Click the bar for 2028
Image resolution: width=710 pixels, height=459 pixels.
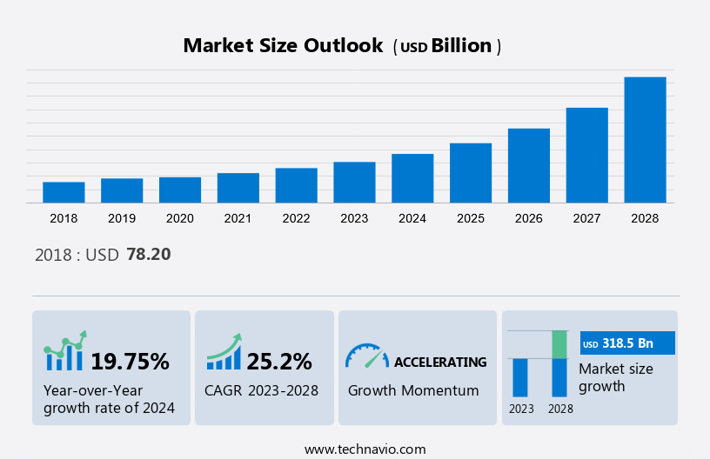click(645, 140)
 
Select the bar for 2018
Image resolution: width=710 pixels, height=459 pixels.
click(64, 192)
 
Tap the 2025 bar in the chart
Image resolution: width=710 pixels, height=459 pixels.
click(471, 173)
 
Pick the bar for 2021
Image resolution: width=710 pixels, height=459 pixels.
click(238, 188)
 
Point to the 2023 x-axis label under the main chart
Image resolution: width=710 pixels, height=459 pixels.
click(354, 218)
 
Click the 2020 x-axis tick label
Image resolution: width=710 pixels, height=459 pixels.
click(180, 218)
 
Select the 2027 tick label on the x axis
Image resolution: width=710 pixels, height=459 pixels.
click(587, 218)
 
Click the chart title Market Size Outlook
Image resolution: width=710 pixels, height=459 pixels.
click(283, 46)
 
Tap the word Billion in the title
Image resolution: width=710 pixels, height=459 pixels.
click(461, 46)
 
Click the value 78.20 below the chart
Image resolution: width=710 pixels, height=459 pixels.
click(149, 255)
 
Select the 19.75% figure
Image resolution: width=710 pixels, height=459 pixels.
click(131, 361)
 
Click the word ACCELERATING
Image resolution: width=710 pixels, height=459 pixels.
click(440, 362)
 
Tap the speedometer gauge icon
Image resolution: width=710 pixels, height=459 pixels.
click(366, 356)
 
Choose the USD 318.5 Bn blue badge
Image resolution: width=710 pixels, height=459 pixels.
click(627, 343)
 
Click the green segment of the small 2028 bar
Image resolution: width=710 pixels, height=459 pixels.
click(559, 344)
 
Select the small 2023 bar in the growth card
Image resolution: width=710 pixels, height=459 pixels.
click(520, 377)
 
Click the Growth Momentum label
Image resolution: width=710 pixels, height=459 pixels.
click(413, 390)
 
